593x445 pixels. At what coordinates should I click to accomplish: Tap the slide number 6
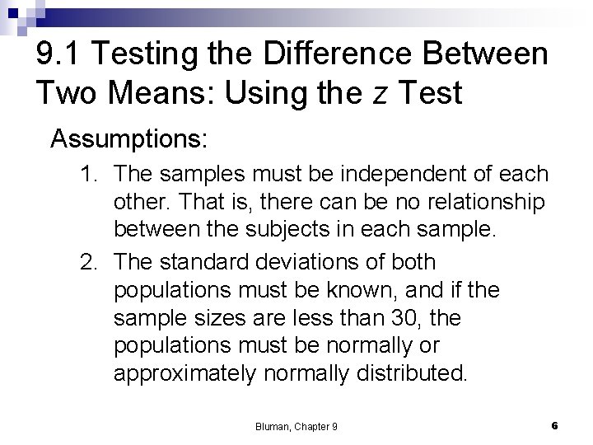click(x=554, y=425)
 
